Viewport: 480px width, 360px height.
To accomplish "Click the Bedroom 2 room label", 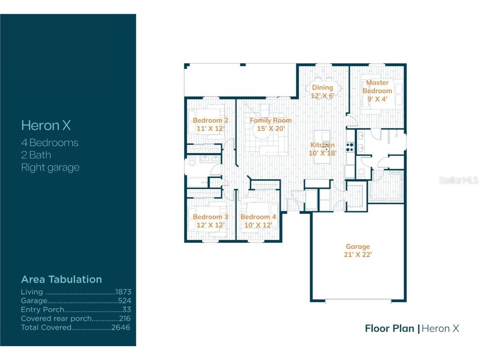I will pyautogui.click(x=210, y=120).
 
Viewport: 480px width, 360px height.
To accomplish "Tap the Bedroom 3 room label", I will pyautogui.click(x=210, y=217).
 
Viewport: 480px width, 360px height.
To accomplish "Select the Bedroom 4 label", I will pyautogui.click(x=258, y=217).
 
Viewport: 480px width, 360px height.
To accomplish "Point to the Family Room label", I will pyautogui.click(x=271, y=120).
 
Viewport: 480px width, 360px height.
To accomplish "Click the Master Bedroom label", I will pyautogui.click(x=377, y=87).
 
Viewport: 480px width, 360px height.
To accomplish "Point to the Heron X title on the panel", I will pyautogui.click(x=46, y=125).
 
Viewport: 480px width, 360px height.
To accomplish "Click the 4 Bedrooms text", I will pyautogui.click(x=50, y=142).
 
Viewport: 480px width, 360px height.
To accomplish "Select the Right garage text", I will pyautogui.click(x=50, y=167).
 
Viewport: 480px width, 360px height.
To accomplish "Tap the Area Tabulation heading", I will pyautogui.click(x=61, y=279).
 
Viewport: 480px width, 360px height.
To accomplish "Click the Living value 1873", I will pyautogui.click(x=123, y=292).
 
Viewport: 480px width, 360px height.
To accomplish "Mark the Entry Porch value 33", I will pyautogui.click(x=126, y=310).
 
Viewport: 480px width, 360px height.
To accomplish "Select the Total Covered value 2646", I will pyautogui.click(x=121, y=328).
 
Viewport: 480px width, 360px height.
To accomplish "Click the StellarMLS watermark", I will pyautogui.click(x=458, y=180).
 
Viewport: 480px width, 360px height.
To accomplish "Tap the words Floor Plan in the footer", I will pyautogui.click(x=389, y=328).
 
